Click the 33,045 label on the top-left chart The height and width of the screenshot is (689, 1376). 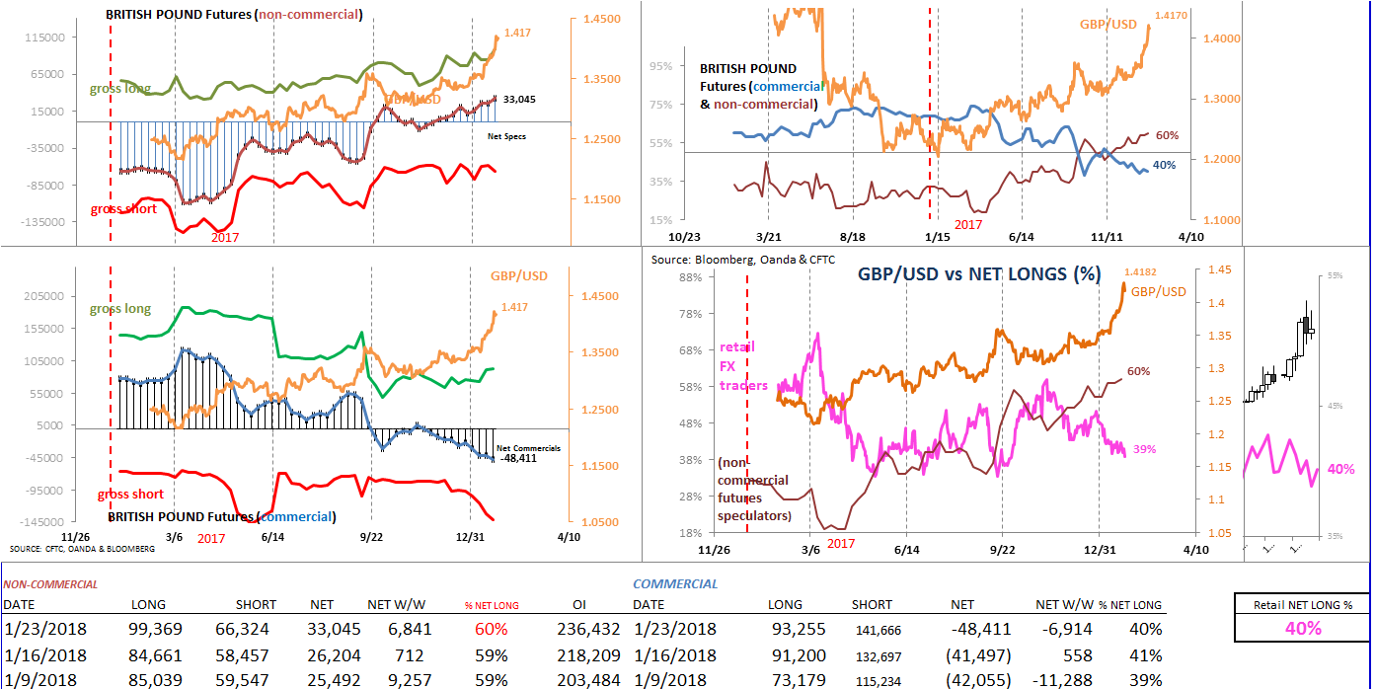point(519,100)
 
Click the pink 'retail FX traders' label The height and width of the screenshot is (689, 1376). point(743,366)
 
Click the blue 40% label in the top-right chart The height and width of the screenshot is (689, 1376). point(1165,165)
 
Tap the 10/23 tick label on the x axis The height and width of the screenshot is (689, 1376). point(684,237)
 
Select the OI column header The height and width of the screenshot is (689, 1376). point(581,604)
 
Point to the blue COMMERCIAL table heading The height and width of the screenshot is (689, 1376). point(675,584)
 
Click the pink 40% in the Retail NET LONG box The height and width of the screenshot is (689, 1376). point(1302,629)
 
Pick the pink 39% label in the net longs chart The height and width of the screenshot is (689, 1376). point(1144,449)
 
